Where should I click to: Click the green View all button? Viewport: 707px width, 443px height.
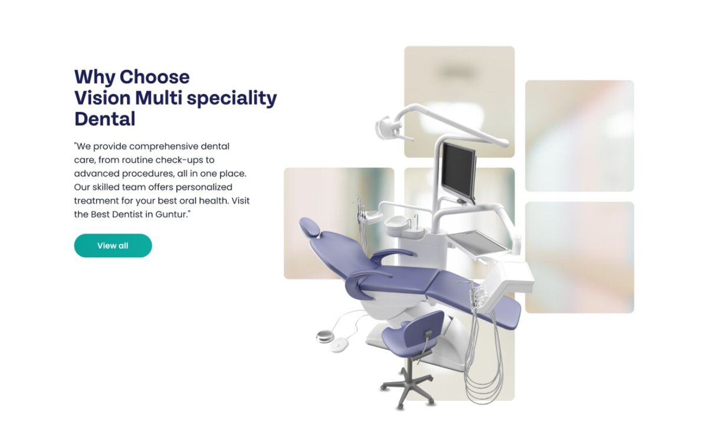click(113, 246)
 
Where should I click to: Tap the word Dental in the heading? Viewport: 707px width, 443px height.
click(105, 119)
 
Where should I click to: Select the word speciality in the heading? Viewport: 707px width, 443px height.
click(232, 99)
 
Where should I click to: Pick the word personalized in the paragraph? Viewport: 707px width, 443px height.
click(204, 188)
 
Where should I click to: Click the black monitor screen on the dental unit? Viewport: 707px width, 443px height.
click(458, 172)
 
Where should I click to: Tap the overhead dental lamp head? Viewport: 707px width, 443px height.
click(386, 127)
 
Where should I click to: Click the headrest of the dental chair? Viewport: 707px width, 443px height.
click(309, 227)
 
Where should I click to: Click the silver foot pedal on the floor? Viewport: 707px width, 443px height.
click(325, 336)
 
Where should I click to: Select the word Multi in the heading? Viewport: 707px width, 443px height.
click(158, 98)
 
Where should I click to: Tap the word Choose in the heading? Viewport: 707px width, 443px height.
click(154, 77)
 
